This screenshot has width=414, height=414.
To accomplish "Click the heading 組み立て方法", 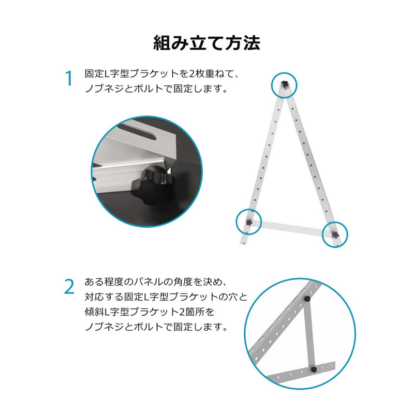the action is pyautogui.click(x=206, y=43).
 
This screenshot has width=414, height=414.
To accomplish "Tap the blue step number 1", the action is pyautogui.click(x=69, y=78).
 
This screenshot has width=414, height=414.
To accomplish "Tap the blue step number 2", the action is pyautogui.click(x=69, y=287).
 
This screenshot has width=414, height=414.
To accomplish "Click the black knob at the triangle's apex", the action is pyautogui.click(x=284, y=84).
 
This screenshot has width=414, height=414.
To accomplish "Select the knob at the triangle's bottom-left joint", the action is pyautogui.click(x=249, y=223).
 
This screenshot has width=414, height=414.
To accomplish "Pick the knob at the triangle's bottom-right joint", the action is pyautogui.click(x=335, y=235).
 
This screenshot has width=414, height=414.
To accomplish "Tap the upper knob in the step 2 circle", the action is pyautogui.click(x=307, y=299).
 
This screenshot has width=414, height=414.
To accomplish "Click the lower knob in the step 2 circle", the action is pyautogui.click(x=314, y=369).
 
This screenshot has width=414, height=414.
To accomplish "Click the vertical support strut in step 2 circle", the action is pyautogui.click(x=309, y=334).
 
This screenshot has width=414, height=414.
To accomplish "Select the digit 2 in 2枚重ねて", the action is pyautogui.click(x=192, y=73).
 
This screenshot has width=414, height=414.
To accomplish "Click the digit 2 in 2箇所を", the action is pyautogui.click(x=182, y=312).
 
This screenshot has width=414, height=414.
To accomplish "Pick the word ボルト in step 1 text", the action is pyautogui.click(x=148, y=88).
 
